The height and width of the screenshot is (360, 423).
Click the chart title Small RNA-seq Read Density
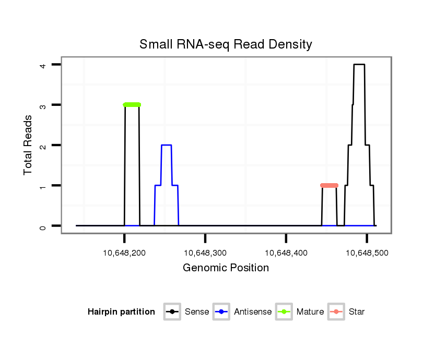[226, 45]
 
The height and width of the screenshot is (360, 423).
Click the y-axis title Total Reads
[28, 145]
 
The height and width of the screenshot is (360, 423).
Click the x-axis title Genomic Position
[226, 268]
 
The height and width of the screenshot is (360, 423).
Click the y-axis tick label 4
[45, 65]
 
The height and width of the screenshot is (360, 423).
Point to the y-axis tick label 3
[45, 105]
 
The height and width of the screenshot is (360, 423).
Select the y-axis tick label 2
[45, 145]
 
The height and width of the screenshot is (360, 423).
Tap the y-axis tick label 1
[45, 186]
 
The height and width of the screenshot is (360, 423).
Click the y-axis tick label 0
[45, 226]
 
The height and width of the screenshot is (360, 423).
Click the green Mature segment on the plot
[132, 105]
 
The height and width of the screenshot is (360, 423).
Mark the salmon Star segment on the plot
[329, 185]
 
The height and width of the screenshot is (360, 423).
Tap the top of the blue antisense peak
[167, 145]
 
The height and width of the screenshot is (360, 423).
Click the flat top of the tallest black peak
[359, 65]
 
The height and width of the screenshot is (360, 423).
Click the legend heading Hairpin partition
[121, 312]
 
